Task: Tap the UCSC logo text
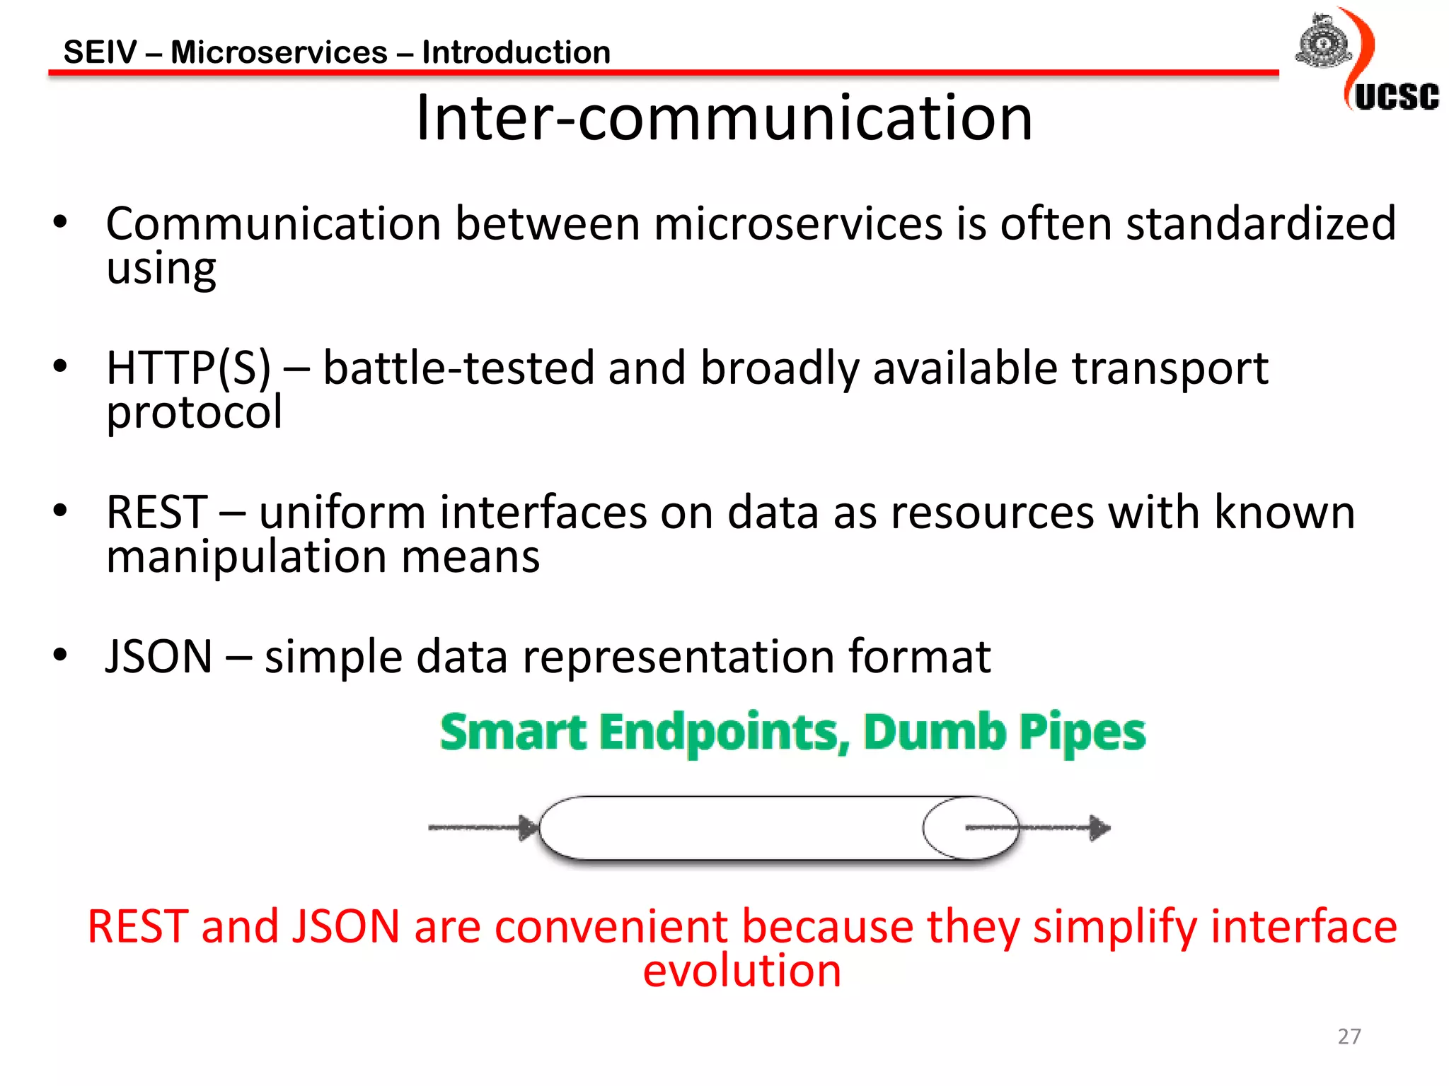point(1396,97)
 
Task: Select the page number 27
point(1349,1036)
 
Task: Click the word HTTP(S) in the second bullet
point(188,368)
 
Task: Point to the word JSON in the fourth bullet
point(159,657)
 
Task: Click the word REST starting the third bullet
point(157,513)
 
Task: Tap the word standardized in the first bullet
point(1260,224)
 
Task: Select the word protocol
point(194,412)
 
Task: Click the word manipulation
point(246,556)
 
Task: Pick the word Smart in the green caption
point(513,732)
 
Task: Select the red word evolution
point(741,971)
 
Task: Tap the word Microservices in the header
point(279,53)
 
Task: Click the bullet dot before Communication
point(60,222)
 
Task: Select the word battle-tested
point(458,368)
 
